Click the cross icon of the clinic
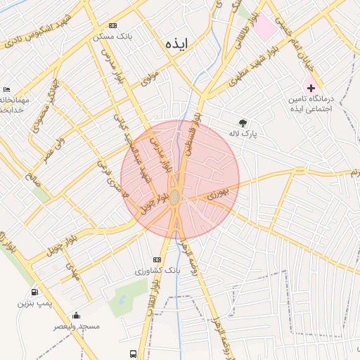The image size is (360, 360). (x=311, y=88)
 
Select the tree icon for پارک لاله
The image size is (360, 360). (x=243, y=122)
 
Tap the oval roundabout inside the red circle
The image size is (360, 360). (x=174, y=199)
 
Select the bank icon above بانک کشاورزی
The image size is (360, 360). (x=157, y=259)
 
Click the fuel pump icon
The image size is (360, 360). (x=34, y=292)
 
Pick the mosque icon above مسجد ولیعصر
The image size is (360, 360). (x=76, y=316)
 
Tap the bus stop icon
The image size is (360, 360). (x=133, y=353)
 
